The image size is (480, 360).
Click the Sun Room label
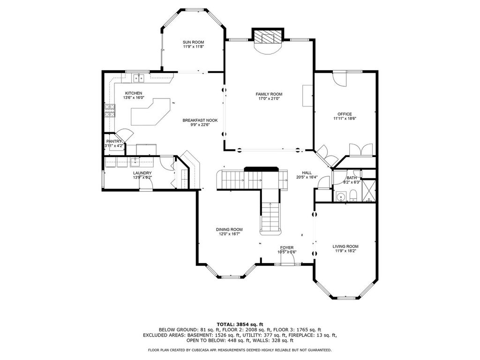(x=193, y=42)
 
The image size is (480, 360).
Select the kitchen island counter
(x=150, y=112)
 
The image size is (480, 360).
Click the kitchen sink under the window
(x=139, y=78)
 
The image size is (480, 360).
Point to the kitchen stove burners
(x=110, y=111)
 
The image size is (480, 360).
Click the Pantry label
(x=114, y=142)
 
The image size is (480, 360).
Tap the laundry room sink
(x=135, y=162)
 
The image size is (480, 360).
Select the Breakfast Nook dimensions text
(x=200, y=125)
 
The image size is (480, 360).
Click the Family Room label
(x=269, y=94)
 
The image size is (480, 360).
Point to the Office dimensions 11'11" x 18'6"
(x=345, y=119)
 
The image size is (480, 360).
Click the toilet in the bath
(x=353, y=195)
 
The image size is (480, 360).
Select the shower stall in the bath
(x=368, y=190)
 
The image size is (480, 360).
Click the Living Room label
(x=345, y=247)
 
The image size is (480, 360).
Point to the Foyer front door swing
(x=288, y=258)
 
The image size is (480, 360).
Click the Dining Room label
(x=229, y=230)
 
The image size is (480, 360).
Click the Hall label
(x=307, y=173)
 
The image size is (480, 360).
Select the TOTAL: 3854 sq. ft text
(x=240, y=324)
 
